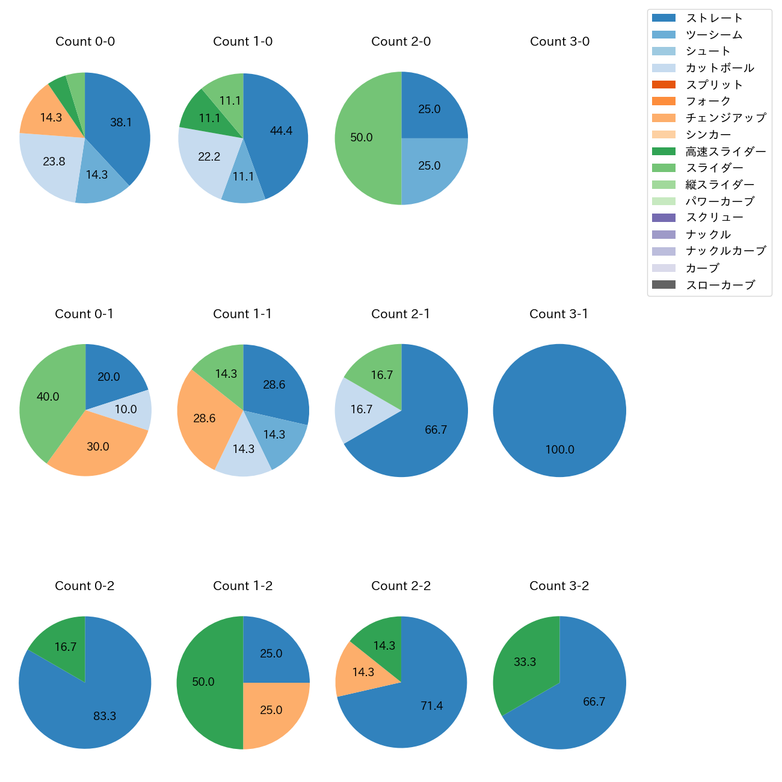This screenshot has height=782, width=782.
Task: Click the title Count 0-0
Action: click(x=85, y=42)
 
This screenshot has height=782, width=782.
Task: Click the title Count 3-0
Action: click(x=559, y=42)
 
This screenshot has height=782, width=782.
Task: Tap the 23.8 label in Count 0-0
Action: click(x=54, y=161)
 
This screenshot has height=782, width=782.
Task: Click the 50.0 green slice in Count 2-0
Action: click(x=364, y=138)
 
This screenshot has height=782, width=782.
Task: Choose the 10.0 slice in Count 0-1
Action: click(x=130, y=409)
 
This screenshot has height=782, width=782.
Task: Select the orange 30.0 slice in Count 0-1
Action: click(x=96, y=448)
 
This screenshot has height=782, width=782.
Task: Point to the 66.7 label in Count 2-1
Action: click(x=436, y=429)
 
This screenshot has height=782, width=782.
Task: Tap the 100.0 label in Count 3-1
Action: click(x=559, y=449)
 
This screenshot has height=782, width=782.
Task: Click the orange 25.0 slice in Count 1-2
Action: click(x=271, y=713)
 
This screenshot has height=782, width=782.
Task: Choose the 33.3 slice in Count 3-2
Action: click(x=523, y=662)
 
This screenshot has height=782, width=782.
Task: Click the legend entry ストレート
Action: click(x=714, y=18)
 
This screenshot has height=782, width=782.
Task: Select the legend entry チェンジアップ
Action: click(x=725, y=118)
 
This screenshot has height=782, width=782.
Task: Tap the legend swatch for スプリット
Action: click(x=663, y=85)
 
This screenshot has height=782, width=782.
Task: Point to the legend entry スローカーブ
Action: click(x=720, y=285)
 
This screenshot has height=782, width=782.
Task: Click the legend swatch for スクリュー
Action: click(x=663, y=218)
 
